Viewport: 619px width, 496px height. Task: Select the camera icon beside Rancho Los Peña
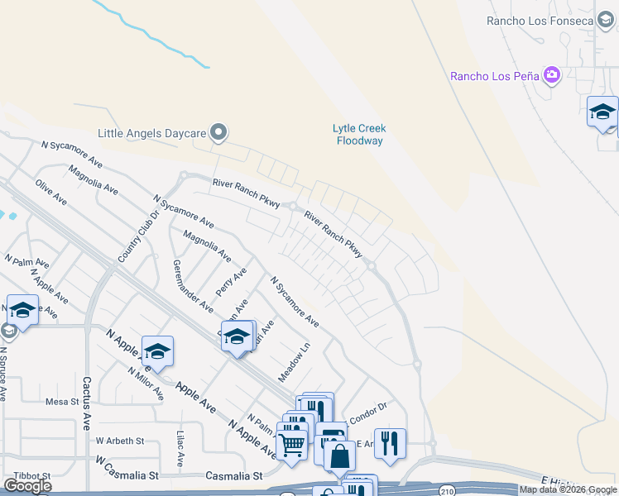[552, 77]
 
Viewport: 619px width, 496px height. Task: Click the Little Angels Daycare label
[151, 132]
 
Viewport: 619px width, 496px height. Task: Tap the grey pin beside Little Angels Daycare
[218, 131]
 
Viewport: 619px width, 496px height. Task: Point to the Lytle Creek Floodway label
[360, 135]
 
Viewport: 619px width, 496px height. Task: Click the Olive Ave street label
[50, 193]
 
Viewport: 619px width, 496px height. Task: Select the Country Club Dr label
[129, 236]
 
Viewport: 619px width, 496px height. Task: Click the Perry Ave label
[231, 282]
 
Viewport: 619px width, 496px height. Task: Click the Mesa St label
[61, 402]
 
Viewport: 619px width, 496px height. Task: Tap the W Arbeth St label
[120, 441]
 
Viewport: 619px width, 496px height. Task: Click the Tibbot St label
[31, 475]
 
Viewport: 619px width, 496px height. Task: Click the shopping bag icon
[340, 455]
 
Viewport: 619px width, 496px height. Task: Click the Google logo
[27, 486]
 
